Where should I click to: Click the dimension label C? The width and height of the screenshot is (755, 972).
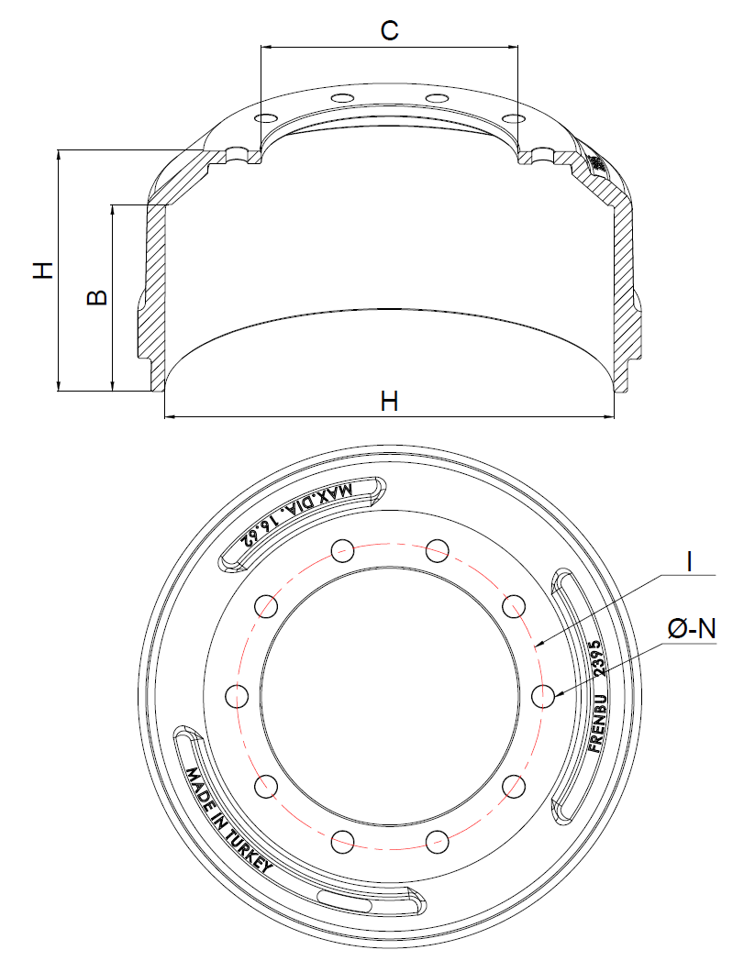pyautogui.click(x=389, y=30)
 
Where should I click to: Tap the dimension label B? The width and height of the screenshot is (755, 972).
pyautogui.click(x=97, y=297)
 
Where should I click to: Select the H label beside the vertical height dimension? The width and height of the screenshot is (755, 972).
pyautogui.click(x=43, y=270)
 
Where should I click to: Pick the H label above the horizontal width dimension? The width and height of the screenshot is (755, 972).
pyautogui.click(x=389, y=401)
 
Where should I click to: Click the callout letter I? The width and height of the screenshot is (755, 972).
pyautogui.click(x=689, y=561)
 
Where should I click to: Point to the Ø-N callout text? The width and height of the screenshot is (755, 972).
pyautogui.click(x=692, y=629)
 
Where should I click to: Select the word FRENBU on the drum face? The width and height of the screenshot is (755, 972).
pyautogui.click(x=597, y=721)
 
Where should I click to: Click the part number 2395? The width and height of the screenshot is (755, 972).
pyautogui.click(x=597, y=657)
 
